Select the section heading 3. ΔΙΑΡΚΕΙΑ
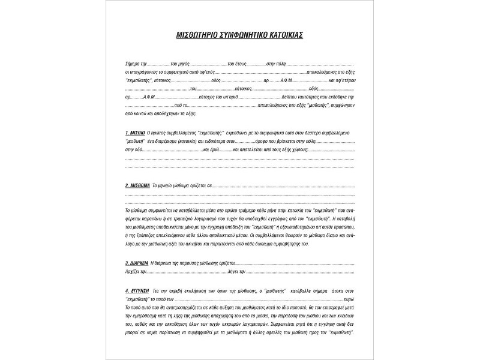137,263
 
